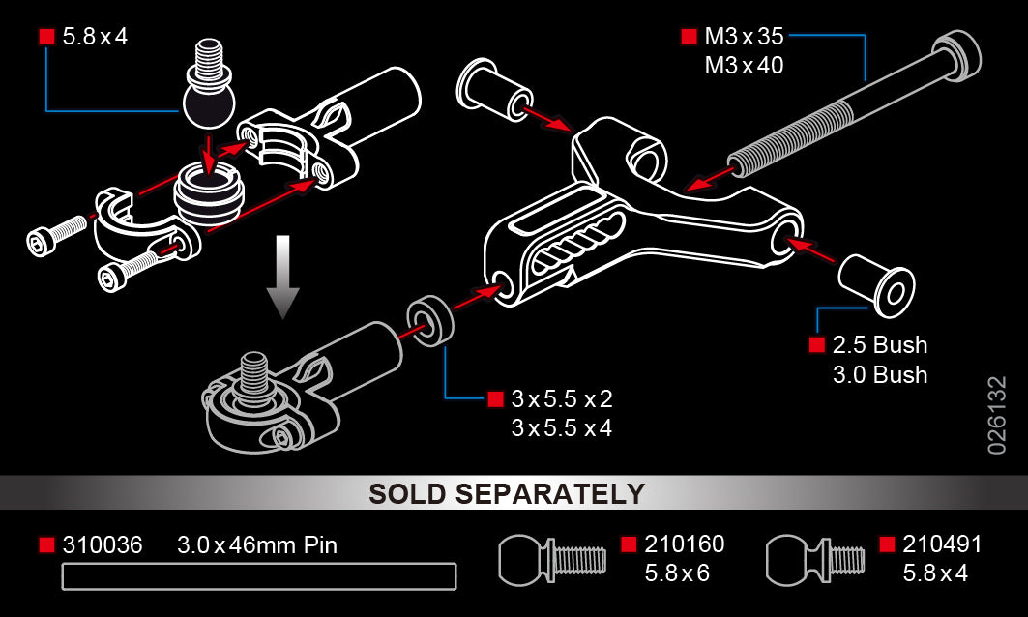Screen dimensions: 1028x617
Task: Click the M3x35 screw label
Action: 744,37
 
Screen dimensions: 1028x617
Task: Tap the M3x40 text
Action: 744,66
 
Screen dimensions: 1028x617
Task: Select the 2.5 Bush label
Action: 880,345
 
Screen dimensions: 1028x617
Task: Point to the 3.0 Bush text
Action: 880,375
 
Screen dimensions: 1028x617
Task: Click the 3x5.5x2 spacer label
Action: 562,398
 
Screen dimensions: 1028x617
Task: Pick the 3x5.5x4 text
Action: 562,428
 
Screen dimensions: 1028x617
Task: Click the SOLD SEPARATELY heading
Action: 507,494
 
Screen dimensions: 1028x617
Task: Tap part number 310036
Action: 103,544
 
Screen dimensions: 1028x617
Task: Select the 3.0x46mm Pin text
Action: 257,544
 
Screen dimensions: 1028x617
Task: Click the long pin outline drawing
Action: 259,576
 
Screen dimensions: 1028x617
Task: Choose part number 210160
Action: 685,544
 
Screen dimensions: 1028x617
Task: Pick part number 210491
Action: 942,544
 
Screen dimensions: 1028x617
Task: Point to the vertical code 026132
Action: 996,415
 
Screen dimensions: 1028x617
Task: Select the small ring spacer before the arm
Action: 430,321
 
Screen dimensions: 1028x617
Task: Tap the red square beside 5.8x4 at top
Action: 46,37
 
